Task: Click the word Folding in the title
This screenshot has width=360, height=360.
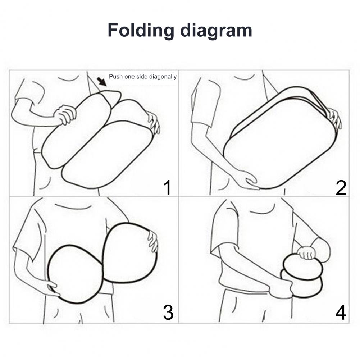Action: (x=141, y=30)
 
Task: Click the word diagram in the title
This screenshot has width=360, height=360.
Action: (x=216, y=30)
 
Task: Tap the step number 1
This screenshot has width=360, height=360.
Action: (x=168, y=188)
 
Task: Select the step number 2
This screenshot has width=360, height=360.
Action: (x=341, y=188)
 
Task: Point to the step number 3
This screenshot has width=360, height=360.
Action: (x=168, y=312)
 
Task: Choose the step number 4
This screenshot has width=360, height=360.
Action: (x=341, y=312)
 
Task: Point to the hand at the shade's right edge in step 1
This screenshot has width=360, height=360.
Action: (x=153, y=122)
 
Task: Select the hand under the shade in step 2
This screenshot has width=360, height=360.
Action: (x=248, y=179)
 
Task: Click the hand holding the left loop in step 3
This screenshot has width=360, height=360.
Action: (x=53, y=288)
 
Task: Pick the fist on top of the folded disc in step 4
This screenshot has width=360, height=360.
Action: (x=306, y=252)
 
